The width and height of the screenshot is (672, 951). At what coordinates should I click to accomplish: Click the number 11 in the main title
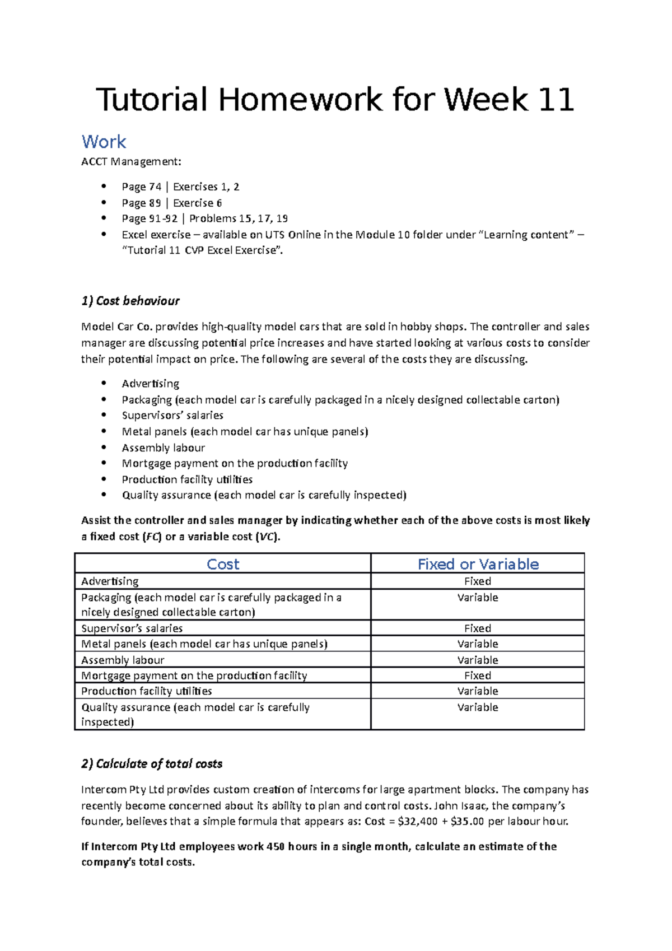tap(555, 100)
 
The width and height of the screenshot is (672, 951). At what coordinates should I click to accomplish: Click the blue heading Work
tap(104, 142)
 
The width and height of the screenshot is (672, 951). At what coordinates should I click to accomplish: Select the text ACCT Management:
tap(131, 162)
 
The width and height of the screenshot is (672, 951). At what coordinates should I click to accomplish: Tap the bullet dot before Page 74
tap(103, 187)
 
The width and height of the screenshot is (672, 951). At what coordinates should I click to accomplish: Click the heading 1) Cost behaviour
tap(130, 301)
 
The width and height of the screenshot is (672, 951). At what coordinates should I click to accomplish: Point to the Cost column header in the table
tap(222, 564)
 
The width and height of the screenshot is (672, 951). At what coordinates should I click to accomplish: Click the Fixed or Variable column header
tap(478, 564)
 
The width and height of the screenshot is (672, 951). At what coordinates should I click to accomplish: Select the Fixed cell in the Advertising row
tap(477, 581)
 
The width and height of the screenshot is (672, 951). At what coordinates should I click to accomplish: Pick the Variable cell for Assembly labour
tap(477, 660)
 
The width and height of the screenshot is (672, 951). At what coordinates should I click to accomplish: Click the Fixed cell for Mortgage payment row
tap(477, 675)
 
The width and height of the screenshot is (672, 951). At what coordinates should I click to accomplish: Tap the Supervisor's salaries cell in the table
tap(132, 628)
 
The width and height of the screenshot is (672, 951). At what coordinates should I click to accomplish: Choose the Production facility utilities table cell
tap(146, 691)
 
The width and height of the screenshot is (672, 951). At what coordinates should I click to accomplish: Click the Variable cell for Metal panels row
tap(477, 644)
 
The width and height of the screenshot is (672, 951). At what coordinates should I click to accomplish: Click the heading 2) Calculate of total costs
tap(151, 764)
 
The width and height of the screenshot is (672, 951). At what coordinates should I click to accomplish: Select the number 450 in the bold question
tap(276, 846)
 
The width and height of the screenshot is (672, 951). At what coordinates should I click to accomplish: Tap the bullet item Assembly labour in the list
tap(163, 447)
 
